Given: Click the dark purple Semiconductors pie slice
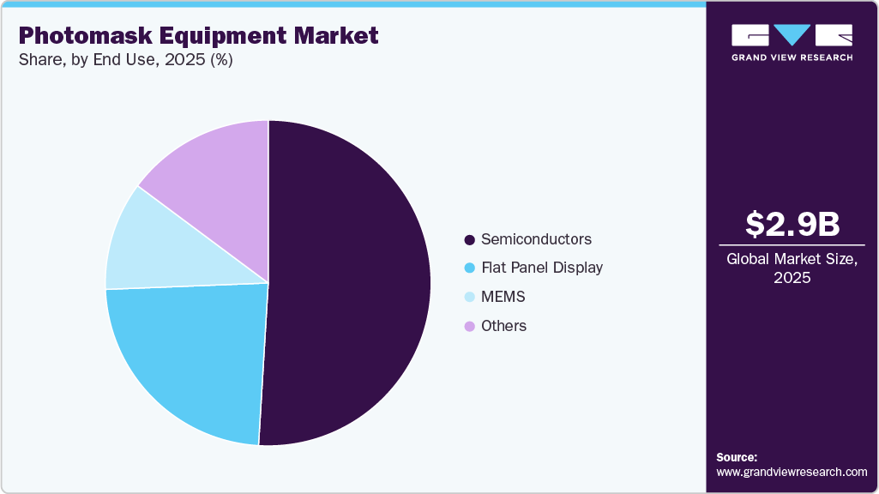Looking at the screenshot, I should [x=352, y=283].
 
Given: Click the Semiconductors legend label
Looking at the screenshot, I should [x=536, y=238].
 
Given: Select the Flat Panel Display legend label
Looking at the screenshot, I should [x=542, y=268].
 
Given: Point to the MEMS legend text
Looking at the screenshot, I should [x=503, y=297].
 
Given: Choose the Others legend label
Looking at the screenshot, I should [x=503, y=326].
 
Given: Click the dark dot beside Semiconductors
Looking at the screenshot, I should [x=469, y=239].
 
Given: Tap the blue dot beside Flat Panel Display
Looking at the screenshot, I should [x=469, y=268].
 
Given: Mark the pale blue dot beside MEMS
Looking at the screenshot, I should [x=469, y=298].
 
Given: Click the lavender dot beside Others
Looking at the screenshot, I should [x=469, y=327].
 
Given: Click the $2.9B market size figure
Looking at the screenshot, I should [x=792, y=224].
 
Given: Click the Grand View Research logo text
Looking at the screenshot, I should [x=792, y=57].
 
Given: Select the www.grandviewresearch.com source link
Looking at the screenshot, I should [x=792, y=472].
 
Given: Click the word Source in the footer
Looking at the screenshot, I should [x=737, y=457].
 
